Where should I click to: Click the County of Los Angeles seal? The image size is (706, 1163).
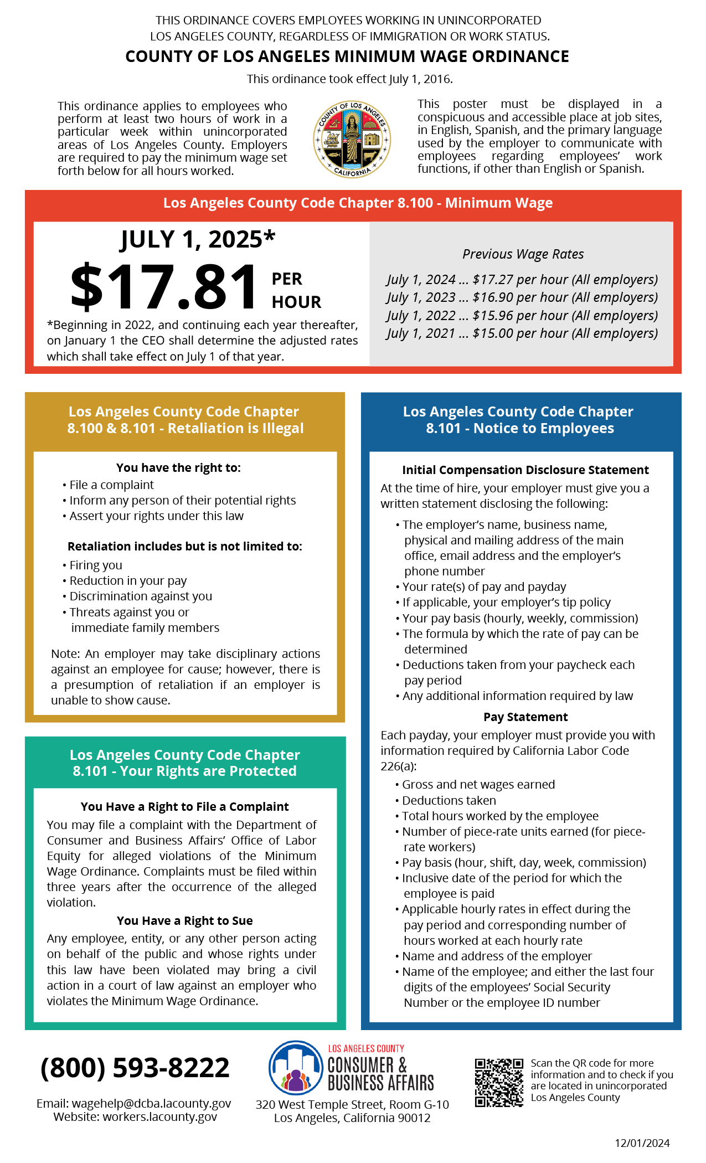click(352, 139)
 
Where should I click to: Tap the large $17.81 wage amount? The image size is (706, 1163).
click(164, 287)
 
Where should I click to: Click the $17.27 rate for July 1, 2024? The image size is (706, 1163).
click(492, 280)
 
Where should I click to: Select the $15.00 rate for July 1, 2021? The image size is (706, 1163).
click(492, 333)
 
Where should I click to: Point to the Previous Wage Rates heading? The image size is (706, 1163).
click(523, 254)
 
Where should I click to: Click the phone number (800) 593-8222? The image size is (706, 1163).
click(135, 1068)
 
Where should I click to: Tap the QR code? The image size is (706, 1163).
click(498, 1083)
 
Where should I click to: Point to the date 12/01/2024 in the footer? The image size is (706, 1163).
click(642, 1143)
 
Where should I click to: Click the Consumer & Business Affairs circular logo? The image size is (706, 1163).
click(296, 1067)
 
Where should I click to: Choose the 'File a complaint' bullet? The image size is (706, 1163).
click(111, 485)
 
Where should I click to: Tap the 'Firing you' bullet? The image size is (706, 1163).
click(95, 565)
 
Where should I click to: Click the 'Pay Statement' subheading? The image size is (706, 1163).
click(525, 717)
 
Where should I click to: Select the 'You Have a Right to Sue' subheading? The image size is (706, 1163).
click(184, 921)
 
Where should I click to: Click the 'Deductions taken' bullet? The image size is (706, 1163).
click(449, 801)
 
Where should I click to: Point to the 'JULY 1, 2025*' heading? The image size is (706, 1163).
click(198, 240)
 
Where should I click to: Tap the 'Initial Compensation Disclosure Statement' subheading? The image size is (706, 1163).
click(525, 470)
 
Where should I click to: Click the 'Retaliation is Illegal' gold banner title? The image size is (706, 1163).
click(185, 420)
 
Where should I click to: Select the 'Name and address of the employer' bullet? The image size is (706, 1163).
click(497, 956)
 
